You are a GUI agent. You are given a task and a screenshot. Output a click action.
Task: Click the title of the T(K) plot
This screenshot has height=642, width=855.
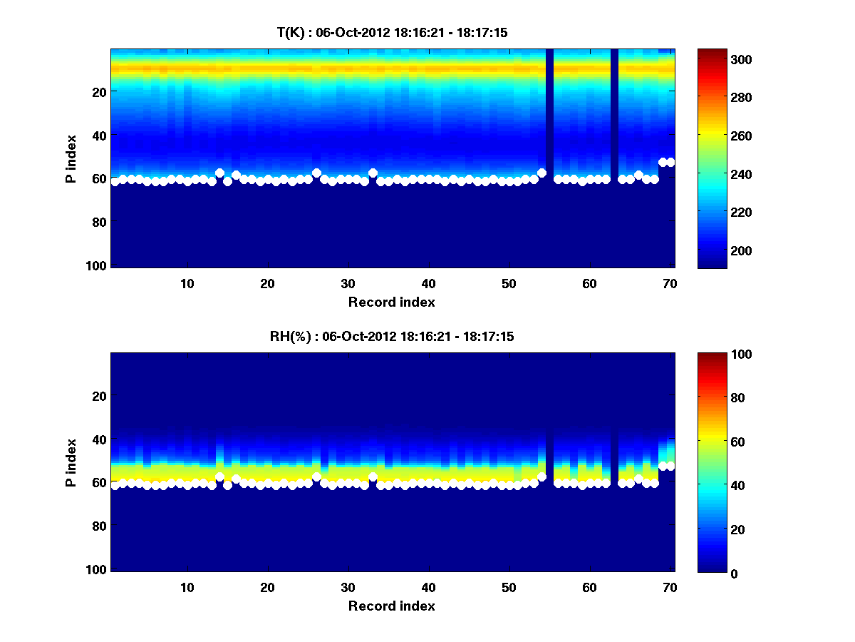(x=392, y=32)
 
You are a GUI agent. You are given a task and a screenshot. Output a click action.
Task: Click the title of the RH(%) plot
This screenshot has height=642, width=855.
(x=392, y=336)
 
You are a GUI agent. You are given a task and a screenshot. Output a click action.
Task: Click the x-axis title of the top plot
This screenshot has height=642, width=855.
(x=392, y=302)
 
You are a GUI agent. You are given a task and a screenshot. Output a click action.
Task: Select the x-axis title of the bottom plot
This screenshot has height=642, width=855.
(x=392, y=606)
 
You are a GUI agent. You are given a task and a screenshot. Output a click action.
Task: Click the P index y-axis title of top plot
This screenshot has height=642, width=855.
(x=71, y=158)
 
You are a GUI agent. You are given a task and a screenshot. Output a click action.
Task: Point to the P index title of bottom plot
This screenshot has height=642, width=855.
(x=71, y=462)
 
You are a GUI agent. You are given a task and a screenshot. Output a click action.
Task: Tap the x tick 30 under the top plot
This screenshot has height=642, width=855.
(x=348, y=283)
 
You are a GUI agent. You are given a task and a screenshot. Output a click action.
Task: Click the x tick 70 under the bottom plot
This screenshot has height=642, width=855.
(x=670, y=587)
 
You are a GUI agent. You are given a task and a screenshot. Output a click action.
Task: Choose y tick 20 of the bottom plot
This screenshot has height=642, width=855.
(x=100, y=396)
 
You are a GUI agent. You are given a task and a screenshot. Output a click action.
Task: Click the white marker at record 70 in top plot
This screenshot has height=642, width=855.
(x=670, y=162)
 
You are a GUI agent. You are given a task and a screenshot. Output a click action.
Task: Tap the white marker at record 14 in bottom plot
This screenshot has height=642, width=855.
(x=219, y=477)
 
